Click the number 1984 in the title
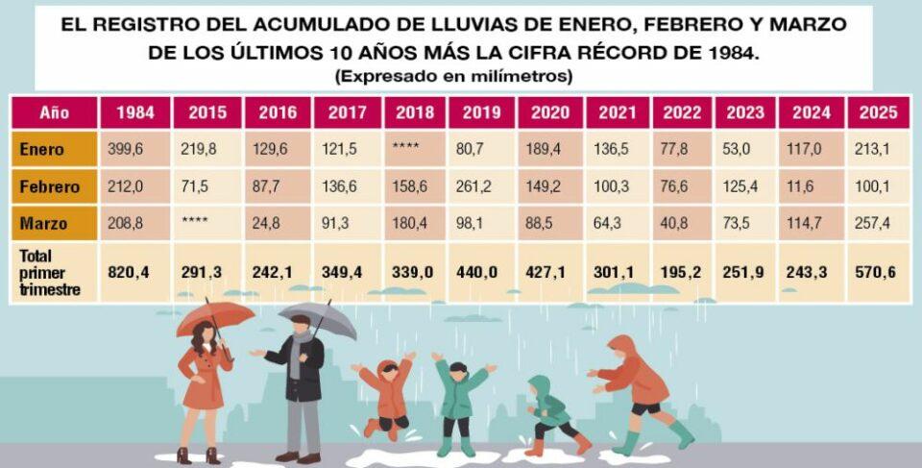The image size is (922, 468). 727,52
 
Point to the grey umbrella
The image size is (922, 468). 318,318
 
